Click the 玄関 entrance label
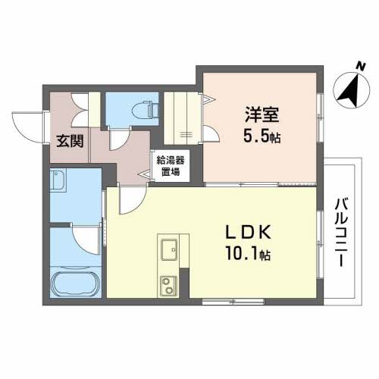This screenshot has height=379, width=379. click(70, 141)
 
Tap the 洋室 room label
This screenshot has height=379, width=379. click(262, 114)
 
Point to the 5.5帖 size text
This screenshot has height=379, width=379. click(262, 136)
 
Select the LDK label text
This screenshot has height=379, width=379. click(249, 233)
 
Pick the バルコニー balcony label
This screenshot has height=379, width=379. click(341, 233)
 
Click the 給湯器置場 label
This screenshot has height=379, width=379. click(171, 166)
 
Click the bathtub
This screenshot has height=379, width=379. click(75, 283)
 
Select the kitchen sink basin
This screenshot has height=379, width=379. click(169, 249)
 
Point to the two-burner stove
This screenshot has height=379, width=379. click(168, 286)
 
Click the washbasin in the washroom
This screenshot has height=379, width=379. click(58, 180)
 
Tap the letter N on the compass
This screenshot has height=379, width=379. click(361, 67)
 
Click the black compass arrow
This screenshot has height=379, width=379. click(351, 91)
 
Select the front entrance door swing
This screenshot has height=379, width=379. click(28, 127)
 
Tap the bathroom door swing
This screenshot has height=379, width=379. click(86, 239)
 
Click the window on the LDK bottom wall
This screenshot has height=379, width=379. click(233, 302)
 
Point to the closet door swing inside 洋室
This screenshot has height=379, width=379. click(211, 133)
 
